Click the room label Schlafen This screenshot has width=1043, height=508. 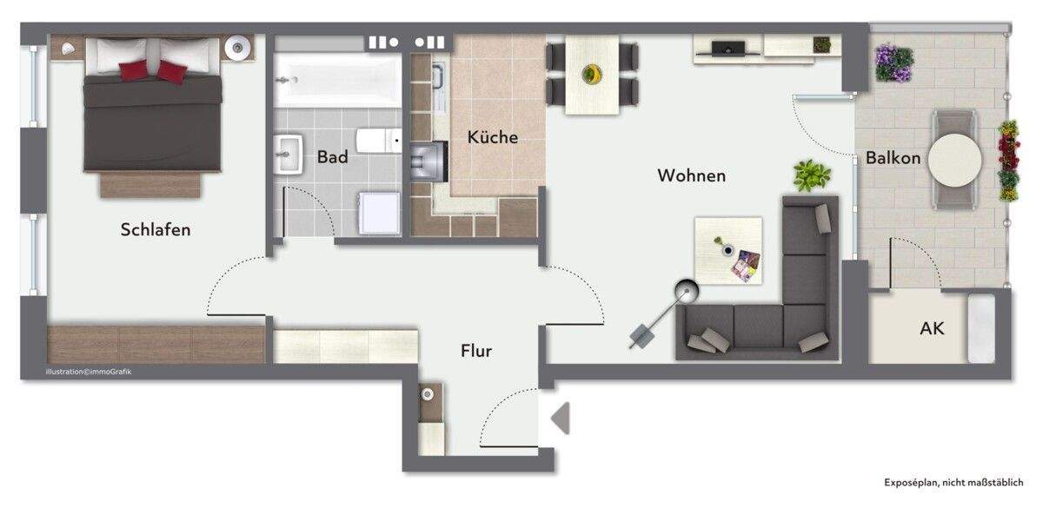(156, 230)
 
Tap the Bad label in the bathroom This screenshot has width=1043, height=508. (332, 157)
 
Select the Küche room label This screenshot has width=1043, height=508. (492, 137)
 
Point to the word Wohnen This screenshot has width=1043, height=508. (691, 175)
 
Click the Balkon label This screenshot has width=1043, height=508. (893, 158)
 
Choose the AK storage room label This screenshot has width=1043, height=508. (932, 329)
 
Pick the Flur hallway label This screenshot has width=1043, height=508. (476, 351)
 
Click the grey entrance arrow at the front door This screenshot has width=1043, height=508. (561, 418)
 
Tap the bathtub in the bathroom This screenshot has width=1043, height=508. (337, 80)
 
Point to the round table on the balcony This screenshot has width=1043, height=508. (954, 159)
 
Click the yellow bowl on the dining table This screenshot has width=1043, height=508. (593, 73)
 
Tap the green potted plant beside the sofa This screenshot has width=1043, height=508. (811, 175)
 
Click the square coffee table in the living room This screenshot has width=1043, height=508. (728, 250)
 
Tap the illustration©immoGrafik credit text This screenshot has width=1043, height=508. (89, 372)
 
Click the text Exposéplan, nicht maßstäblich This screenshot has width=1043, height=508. (957, 481)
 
